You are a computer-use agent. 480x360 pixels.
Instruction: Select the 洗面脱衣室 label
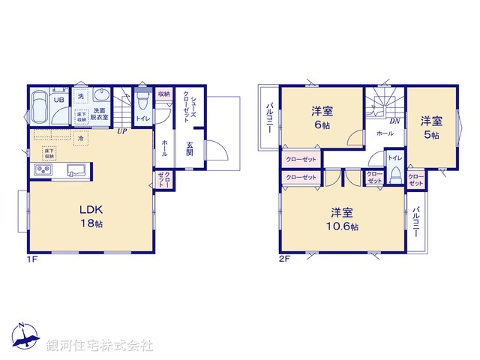[x=100, y=114]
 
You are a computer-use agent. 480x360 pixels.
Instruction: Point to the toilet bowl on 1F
[x=142, y=99]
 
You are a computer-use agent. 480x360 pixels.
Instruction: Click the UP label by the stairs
[x=121, y=130]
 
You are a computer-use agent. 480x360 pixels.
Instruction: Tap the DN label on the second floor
[x=394, y=120]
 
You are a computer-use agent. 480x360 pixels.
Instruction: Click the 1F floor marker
[x=31, y=258]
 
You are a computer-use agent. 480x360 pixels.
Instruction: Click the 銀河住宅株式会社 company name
[x=100, y=346]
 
